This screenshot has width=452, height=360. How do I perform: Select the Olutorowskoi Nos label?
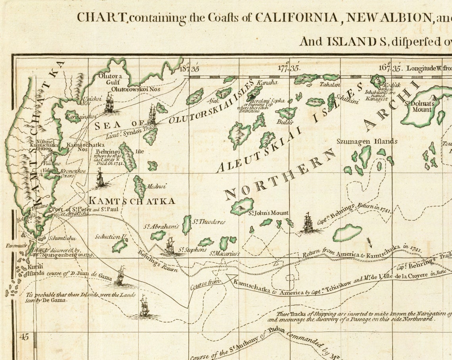(x=136, y=89)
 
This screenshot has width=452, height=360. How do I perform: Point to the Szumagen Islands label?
(x=367, y=141)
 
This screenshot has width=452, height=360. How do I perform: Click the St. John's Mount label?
(x=268, y=213)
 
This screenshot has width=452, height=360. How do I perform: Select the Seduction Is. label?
(x=111, y=237)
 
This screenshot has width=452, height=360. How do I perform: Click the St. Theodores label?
(x=209, y=222)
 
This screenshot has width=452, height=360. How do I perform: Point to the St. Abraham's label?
(x=162, y=227)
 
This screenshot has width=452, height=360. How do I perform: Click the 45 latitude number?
(x=24, y=337)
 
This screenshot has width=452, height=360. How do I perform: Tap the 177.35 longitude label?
(x=288, y=67)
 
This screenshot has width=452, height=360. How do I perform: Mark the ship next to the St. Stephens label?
(x=170, y=246)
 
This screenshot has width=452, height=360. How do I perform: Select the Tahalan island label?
(x=330, y=84)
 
